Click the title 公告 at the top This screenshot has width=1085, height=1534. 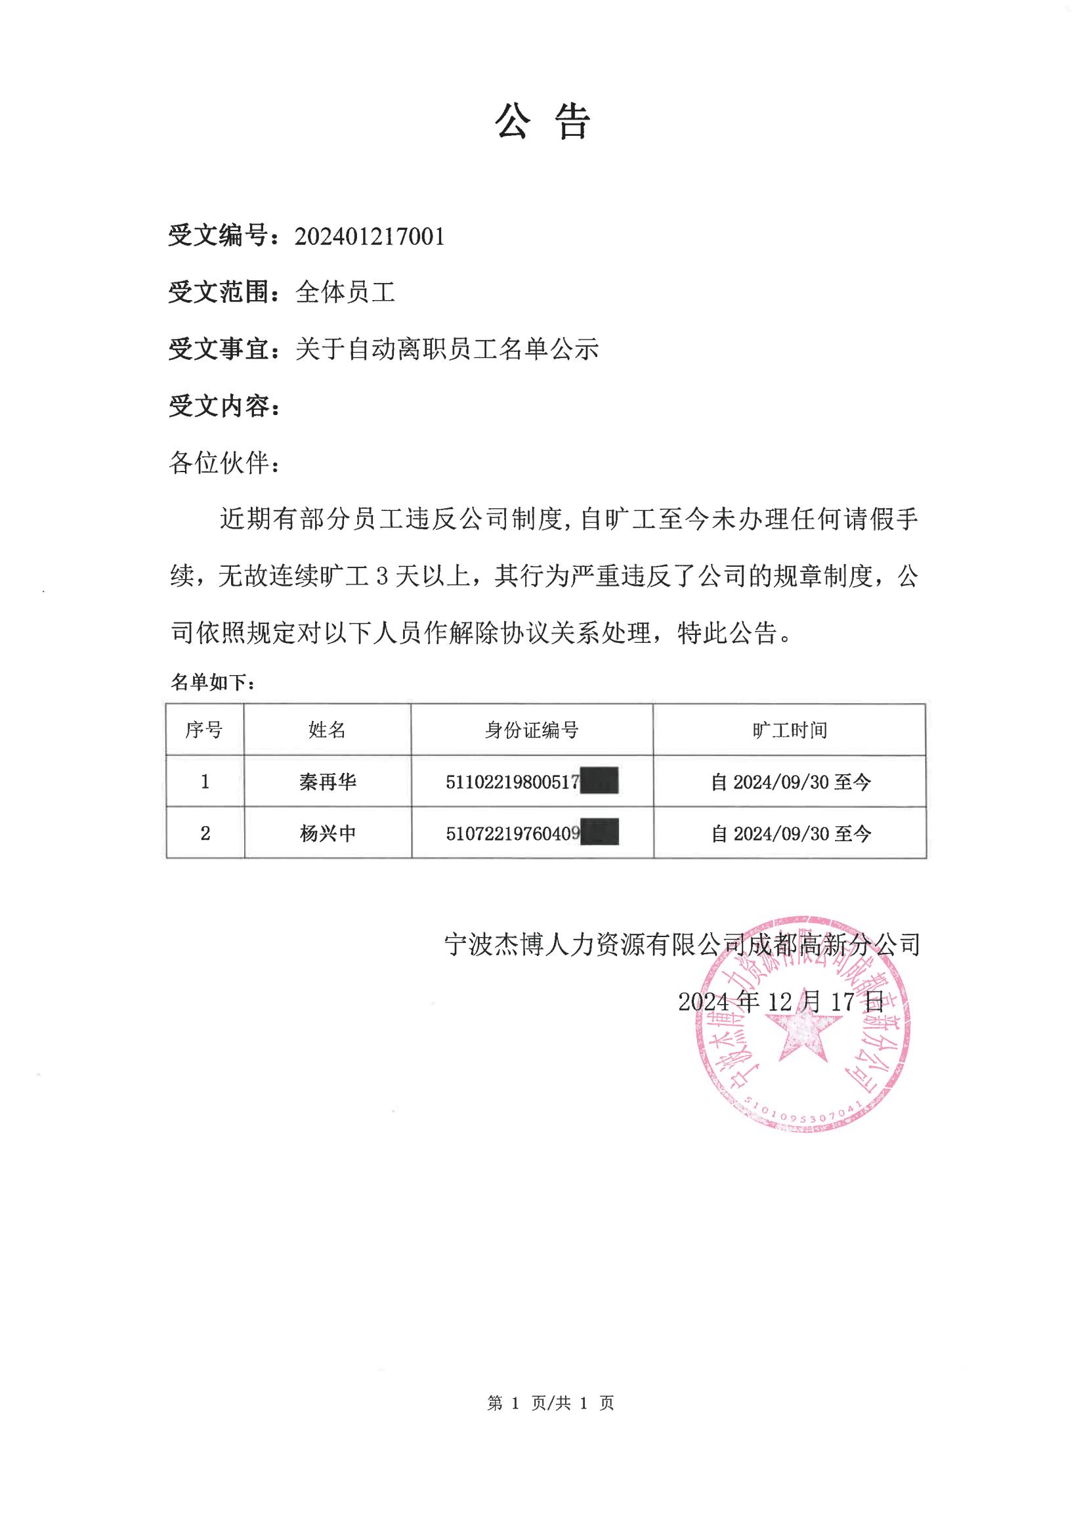[542, 123]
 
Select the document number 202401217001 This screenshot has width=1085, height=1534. [370, 236]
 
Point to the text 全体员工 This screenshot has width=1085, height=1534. [345, 292]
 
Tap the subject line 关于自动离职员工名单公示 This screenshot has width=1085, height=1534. [447, 349]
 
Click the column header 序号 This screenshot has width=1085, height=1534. [204, 730]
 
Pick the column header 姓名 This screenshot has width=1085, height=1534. [328, 730]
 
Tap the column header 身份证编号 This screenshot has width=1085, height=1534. [532, 730]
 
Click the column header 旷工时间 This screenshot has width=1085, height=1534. [790, 730]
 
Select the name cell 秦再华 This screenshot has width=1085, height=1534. [328, 781]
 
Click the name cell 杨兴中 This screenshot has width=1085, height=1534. [328, 833]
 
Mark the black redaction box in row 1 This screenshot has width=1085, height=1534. [599, 781]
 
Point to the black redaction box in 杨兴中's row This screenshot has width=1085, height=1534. [599, 833]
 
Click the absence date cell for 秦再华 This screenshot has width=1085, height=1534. [790, 781]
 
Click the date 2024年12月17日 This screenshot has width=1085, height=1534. [781, 1001]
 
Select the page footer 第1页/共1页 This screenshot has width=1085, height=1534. [551, 1402]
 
